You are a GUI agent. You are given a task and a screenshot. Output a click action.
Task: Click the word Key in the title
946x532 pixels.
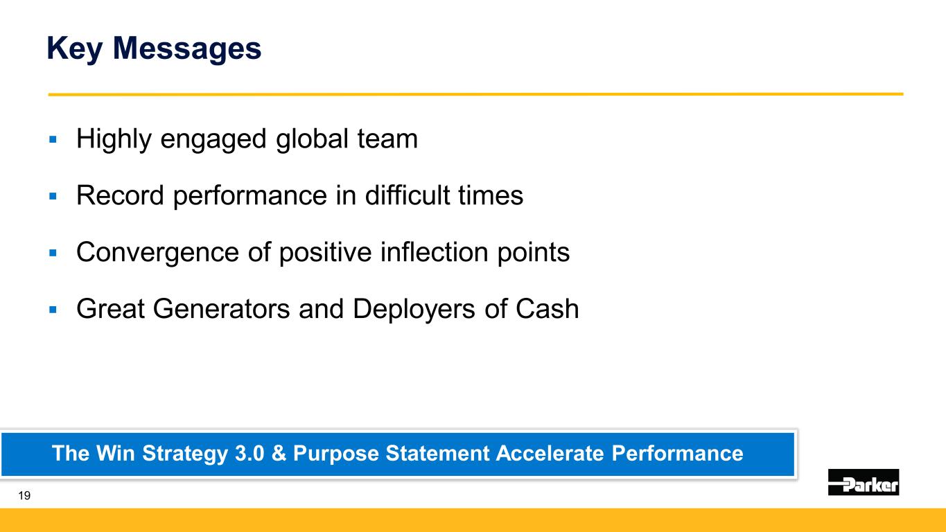[74, 49]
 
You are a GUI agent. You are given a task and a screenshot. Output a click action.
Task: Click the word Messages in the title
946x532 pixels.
[187, 49]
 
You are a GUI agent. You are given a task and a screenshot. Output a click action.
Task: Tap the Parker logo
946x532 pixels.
[864, 481]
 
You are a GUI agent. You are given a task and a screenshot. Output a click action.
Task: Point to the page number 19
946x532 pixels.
[24, 495]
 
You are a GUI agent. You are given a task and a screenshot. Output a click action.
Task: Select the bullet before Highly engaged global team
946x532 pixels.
[53, 139]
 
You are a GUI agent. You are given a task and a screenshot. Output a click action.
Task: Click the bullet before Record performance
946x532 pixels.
[53, 196]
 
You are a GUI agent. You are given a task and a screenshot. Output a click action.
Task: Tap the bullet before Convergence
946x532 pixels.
[53, 253]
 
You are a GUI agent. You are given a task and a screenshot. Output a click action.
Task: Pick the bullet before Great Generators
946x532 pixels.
[53, 310]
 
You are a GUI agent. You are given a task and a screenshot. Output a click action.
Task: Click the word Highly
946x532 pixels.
[114, 140]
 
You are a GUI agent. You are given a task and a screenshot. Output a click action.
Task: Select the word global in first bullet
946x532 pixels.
[312, 140]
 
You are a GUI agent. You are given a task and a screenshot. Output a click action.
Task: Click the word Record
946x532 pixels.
[120, 195]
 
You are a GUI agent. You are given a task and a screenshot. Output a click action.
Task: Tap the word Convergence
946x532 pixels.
[157, 253]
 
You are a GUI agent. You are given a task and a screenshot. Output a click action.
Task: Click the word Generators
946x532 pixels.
[221, 309]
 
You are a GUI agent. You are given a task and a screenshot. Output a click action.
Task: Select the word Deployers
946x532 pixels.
[414, 310]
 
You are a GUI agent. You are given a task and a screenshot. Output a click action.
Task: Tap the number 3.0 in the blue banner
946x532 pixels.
[249, 454]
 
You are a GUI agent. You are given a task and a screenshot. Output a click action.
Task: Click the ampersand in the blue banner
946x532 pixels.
[279, 454]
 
